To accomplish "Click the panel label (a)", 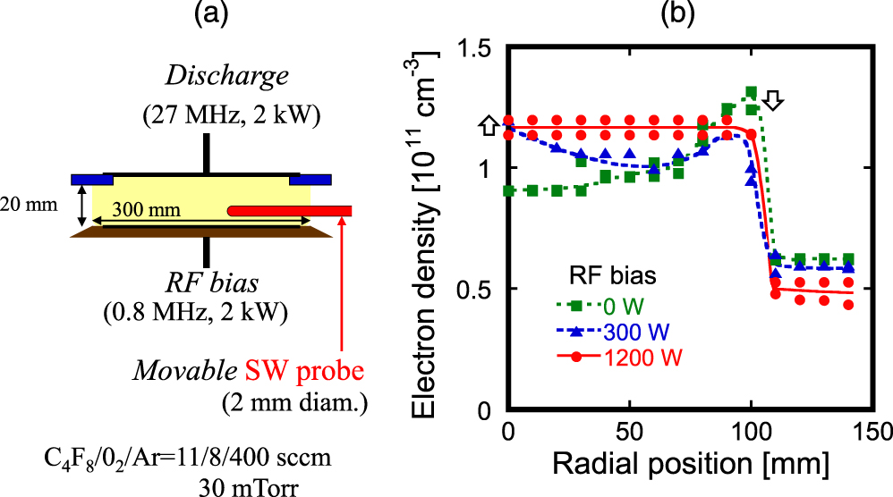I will pyautogui.click(x=208, y=15).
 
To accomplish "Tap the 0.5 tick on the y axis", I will pyautogui.click(x=477, y=290).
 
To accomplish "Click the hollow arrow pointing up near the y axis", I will pyautogui.click(x=489, y=127).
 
